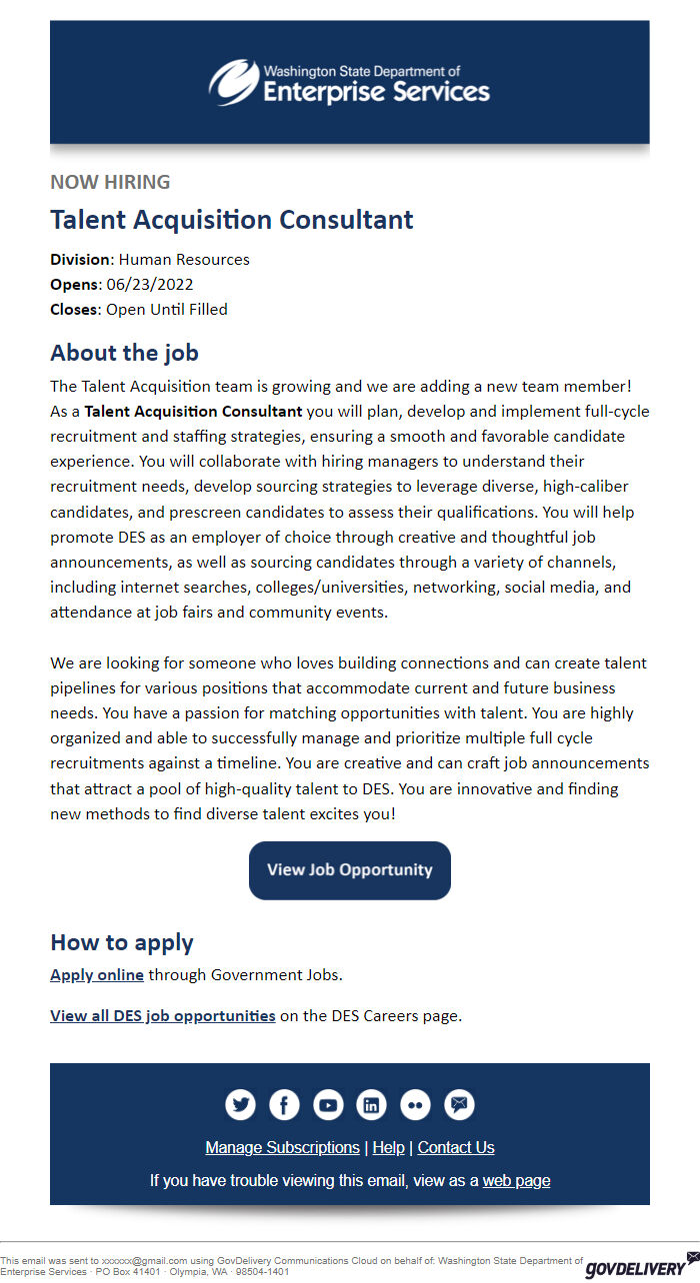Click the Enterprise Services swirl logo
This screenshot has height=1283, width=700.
[233, 82]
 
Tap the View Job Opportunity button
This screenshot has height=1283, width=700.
[350, 870]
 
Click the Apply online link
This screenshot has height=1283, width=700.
[97, 974]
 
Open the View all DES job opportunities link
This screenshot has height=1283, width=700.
[163, 1016]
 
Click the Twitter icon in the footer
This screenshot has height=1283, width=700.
[240, 1104]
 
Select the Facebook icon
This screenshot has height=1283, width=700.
[284, 1104]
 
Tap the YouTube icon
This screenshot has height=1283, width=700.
[328, 1104]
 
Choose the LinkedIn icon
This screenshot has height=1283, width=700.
[372, 1104]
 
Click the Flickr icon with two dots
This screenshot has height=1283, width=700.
[416, 1104]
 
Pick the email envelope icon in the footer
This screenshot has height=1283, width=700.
[460, 1104]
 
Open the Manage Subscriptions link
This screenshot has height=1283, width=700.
[282, 1147]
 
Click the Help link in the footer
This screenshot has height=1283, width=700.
[388, 1147]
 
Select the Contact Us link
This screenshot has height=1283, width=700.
[456, 1147]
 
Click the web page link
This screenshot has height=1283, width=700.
[516, 1180]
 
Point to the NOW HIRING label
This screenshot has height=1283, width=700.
[110, 182]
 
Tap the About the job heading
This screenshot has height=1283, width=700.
[124, 353]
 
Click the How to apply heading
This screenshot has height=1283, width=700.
[122, 942]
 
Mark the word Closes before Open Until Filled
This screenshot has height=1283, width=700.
[74, 310]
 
